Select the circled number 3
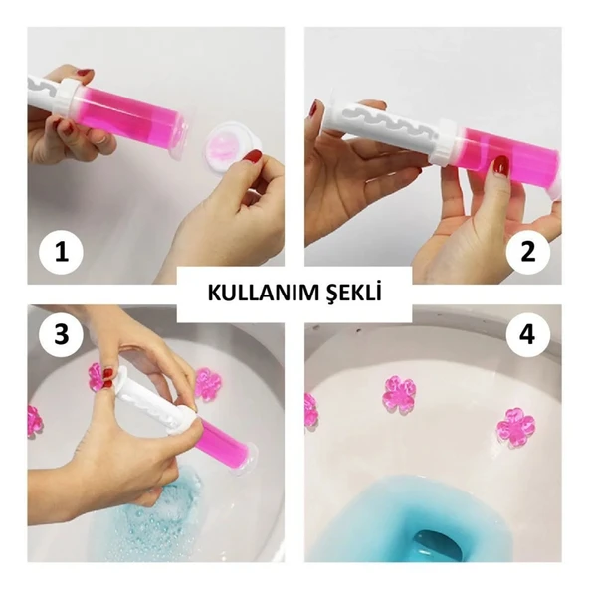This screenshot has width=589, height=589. click(x=62, y=337)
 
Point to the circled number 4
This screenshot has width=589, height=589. click(x=526, y=337)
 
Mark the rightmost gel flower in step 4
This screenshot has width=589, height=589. click(x=516, y=425)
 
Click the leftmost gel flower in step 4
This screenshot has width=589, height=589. click(x=310, y=409)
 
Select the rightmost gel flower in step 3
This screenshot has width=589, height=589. click(x=206, y=383)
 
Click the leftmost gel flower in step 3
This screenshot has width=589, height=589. click(x=35, y=420)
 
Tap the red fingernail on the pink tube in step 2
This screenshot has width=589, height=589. click(x=501, y=164)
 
